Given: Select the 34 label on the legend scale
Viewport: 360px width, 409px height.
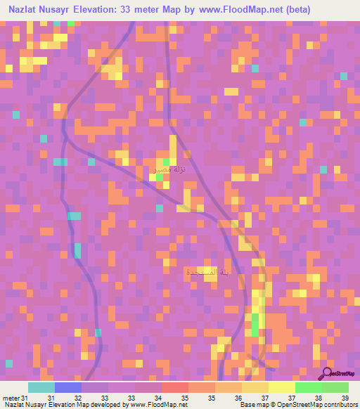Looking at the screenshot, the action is pos(159,397).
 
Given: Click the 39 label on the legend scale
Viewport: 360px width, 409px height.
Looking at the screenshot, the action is pos(344,397).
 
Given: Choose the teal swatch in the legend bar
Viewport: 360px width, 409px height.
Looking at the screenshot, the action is pos(41,387).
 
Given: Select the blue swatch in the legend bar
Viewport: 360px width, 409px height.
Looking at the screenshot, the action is pos(67,387).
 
